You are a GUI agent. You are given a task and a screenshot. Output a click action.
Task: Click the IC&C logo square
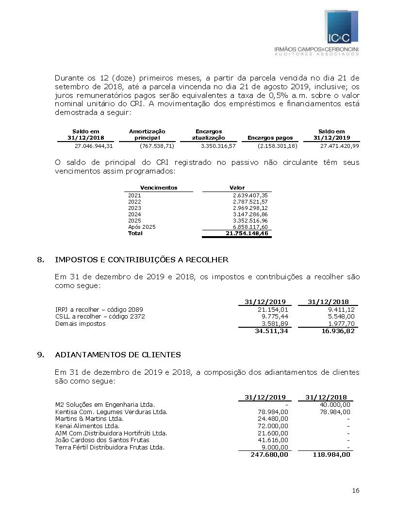342,27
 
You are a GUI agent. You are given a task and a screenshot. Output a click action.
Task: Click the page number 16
356,491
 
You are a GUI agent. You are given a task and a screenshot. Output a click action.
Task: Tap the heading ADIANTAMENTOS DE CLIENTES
118,355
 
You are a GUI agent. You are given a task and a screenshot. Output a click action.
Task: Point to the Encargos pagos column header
270,138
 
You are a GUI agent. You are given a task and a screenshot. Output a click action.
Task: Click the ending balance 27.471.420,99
340,146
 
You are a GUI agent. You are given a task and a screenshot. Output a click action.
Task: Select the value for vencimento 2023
250,208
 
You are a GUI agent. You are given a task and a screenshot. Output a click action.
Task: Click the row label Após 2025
142,227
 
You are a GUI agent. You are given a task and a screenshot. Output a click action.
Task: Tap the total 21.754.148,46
247,234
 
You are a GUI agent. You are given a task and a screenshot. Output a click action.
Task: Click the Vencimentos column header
159,188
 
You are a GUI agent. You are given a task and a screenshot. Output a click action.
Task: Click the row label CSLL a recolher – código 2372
100,317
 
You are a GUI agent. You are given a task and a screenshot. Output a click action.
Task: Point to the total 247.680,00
269,455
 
